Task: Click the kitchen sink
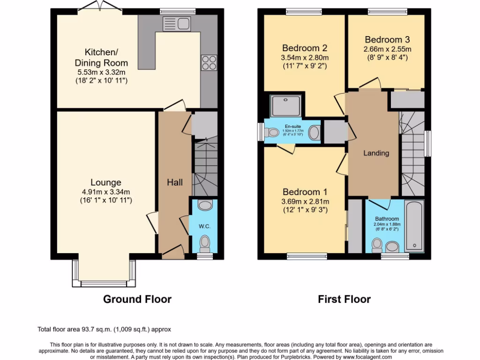pos(176,23)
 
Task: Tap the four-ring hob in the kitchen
pos(209,63)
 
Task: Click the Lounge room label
pos(106,182)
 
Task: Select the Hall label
pos(175,182)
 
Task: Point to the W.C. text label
pos(204,226)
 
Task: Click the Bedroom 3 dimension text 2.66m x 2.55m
pos(387,49)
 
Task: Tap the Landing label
pos(376,153)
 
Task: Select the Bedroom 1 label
pos(305,192)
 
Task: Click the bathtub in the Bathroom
pos(414,225)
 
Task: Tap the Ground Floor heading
pos(137,299)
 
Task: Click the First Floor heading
pos(344,299)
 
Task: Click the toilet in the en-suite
pos(271,133)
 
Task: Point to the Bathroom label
pos(387,219)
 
